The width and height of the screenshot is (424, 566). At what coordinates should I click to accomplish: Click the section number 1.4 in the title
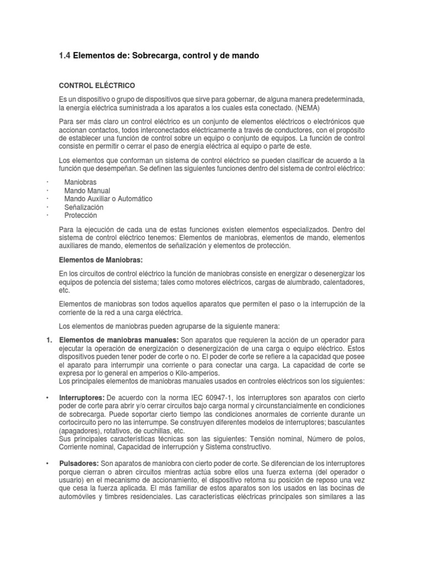(x=64, y=56)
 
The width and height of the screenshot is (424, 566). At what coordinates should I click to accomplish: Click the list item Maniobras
(x=81, y=182)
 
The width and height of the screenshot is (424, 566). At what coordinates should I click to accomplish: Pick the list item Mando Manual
(x=88, y=190)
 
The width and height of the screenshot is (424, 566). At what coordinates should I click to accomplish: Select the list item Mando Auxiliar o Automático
(x=108, y=198)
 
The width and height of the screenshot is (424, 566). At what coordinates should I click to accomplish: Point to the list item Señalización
(x=84, y=207)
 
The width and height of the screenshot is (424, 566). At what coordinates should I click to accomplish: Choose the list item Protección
(x=81, y=215)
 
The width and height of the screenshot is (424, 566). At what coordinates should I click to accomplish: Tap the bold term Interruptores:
(x=82, y=398)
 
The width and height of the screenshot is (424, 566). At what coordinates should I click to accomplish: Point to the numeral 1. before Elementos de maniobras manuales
(x=49, y=339)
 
